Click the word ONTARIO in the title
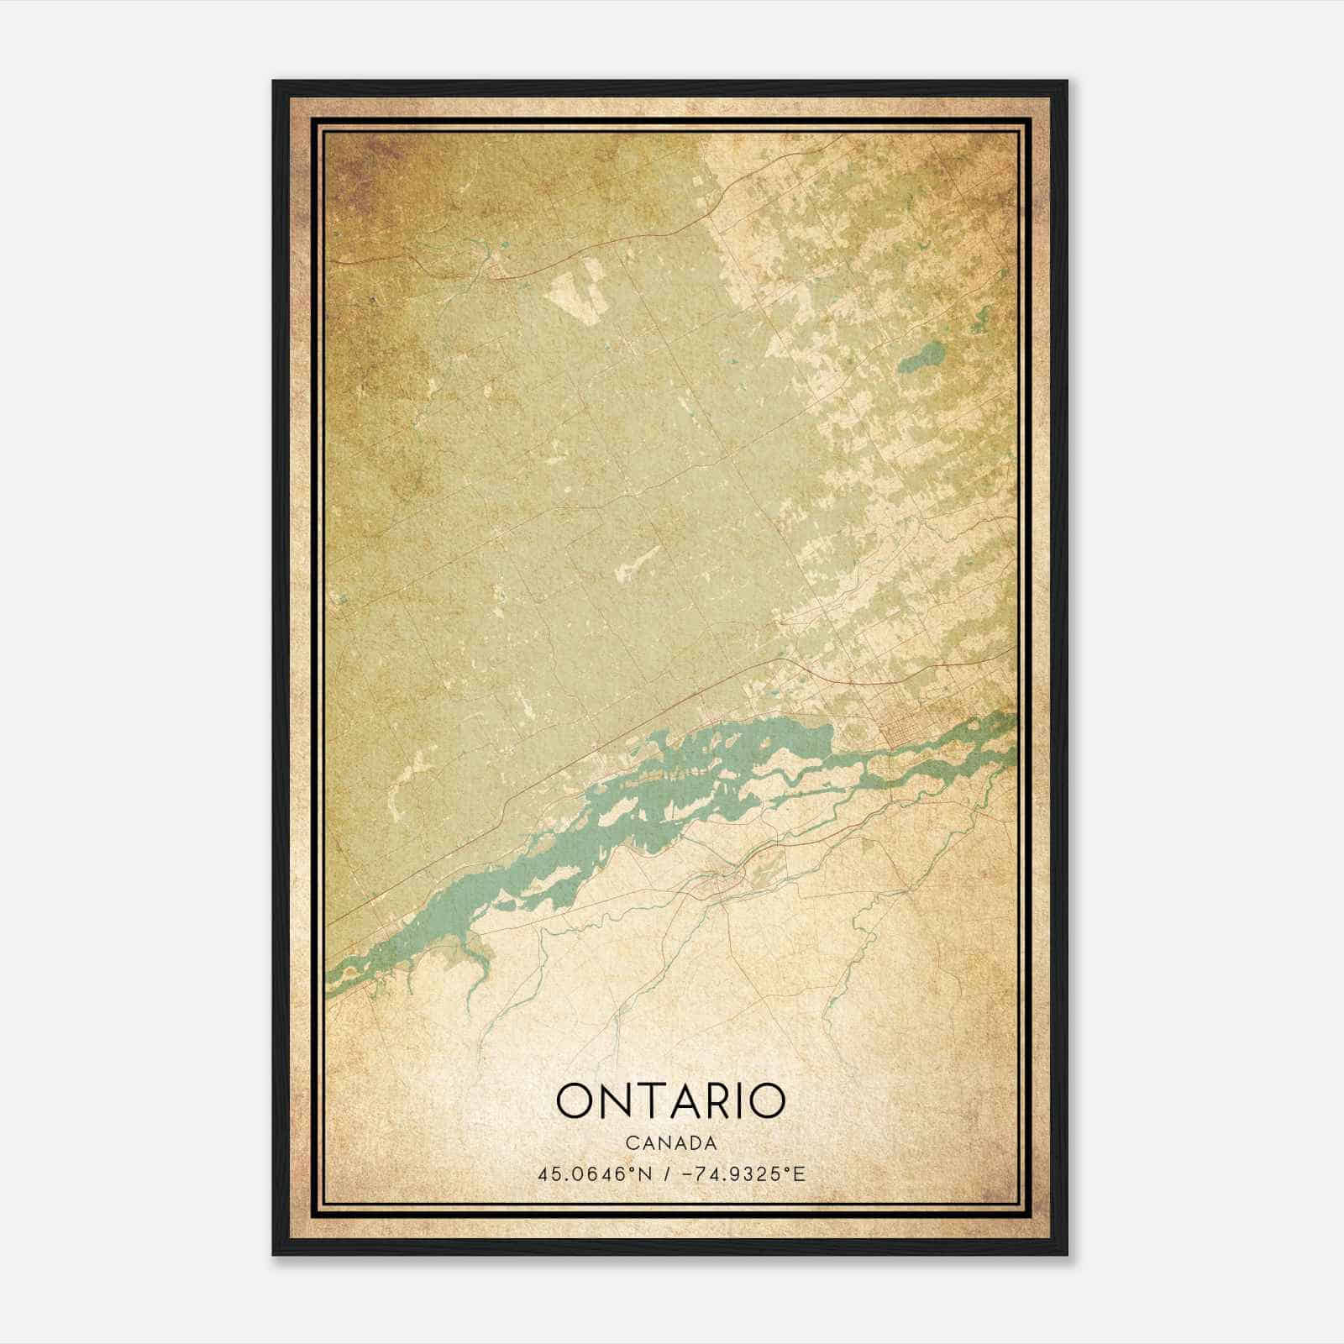pos(670,1101)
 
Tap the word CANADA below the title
pos(670,1143)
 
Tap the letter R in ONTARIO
pos(718,1101)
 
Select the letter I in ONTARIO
pos(743,1101)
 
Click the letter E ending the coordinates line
pos(800,1173)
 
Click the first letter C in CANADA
pos(629,1143)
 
